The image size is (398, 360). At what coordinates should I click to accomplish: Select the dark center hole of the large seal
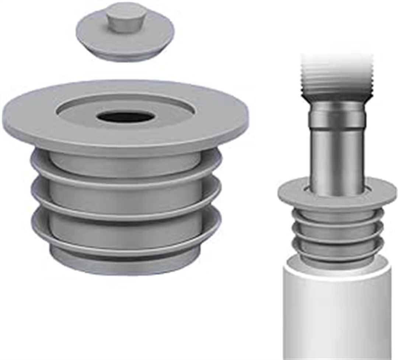coord(126,117)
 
